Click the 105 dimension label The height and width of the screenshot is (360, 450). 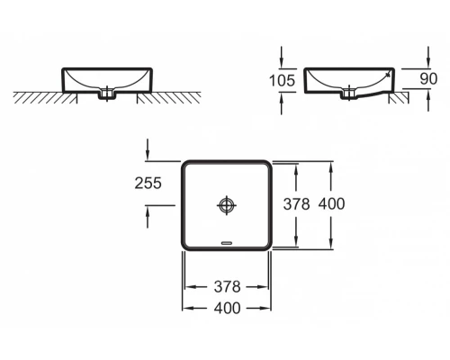point(283,79)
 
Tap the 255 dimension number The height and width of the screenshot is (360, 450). point(148,183)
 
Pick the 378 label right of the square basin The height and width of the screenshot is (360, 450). point(296,204)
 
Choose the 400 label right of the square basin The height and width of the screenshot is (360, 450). point(332,204)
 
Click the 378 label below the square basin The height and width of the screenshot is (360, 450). point(227,287)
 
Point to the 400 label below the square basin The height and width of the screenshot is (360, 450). point(227,308)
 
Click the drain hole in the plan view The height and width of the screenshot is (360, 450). point(227,205)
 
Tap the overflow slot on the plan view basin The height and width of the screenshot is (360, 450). point(227,242)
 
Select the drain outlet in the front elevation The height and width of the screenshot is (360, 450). point(110,92)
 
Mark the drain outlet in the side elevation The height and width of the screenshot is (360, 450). point(346,92)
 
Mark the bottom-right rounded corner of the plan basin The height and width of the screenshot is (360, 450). point(268,246)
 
